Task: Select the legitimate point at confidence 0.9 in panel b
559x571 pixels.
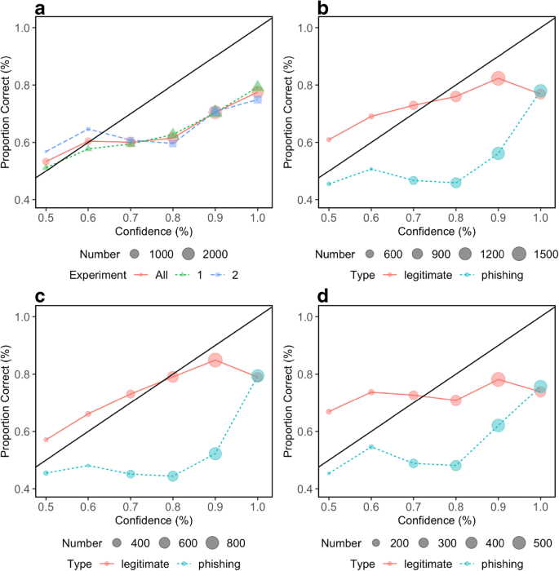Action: coord(498,78)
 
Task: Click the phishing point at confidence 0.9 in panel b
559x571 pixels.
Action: coord(498,153)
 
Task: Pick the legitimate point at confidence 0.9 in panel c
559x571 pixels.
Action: coord(215,360)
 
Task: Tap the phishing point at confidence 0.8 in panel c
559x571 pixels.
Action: coord(173,476)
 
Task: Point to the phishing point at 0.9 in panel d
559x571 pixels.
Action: coord(498,425)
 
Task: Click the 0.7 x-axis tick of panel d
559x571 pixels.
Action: coord(413,507)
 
